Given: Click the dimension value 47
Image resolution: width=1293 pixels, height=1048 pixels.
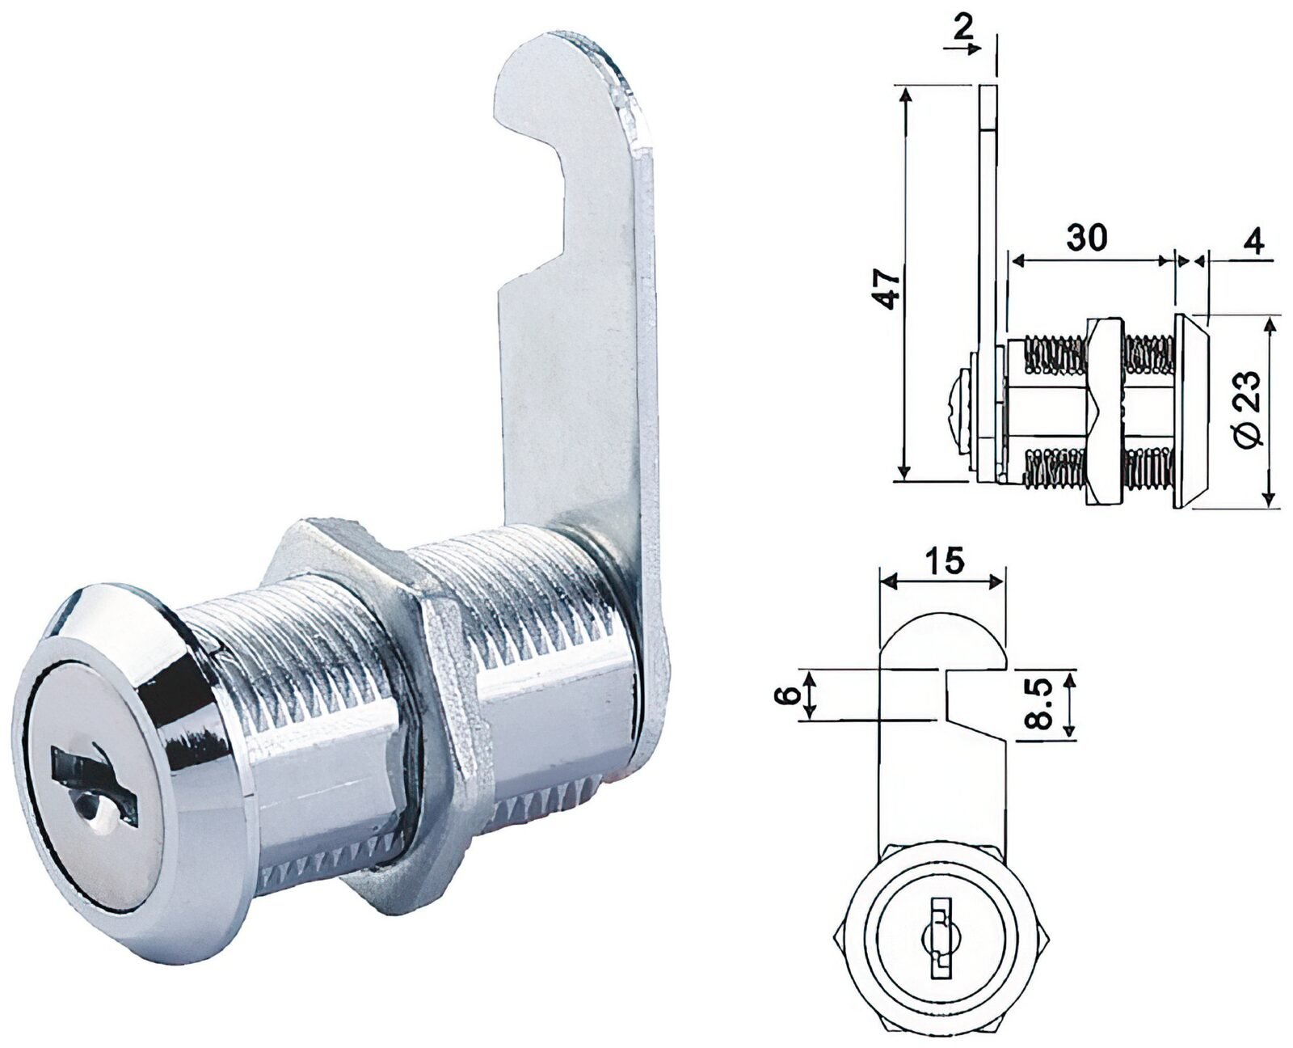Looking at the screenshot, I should click(x=889, y=286).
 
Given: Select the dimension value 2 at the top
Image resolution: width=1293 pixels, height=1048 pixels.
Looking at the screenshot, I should click(x=961, y=27).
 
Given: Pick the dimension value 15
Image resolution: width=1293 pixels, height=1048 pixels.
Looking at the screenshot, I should click(x=945, y=559).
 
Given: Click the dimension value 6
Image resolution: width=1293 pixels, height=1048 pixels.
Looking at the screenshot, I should click(x=791, y=694).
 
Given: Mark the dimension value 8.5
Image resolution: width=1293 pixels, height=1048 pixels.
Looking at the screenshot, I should click(x=1042, y=704).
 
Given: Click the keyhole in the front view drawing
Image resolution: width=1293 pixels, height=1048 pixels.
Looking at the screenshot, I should click(x=939, y=938).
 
